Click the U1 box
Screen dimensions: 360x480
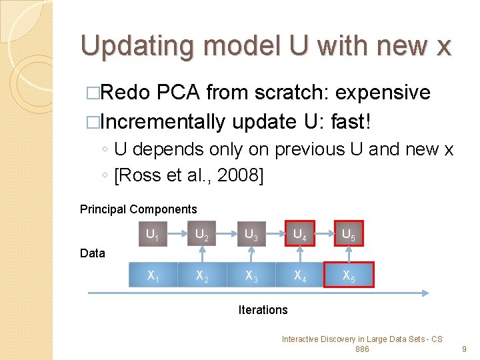tap(152, 233)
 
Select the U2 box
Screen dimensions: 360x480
tap(201, 233)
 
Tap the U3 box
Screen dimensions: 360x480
tap(251, 233)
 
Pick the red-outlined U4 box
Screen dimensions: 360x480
tap(300, 233)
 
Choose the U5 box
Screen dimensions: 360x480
tap(349, 233)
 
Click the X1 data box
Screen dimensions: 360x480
tap(152, 275)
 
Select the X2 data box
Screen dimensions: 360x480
tap(201, 275)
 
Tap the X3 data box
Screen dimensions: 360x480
tap(251, 275)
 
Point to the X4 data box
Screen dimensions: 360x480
tap(300, 275)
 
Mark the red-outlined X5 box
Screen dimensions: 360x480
tap(349, 275)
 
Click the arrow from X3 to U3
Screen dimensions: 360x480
tap(251, 255)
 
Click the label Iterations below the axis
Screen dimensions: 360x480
tap(263, 310)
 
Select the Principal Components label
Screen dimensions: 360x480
tap(138, 209)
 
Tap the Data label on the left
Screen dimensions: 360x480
tap(93, 253)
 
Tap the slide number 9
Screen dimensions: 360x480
tap(464, 349)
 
